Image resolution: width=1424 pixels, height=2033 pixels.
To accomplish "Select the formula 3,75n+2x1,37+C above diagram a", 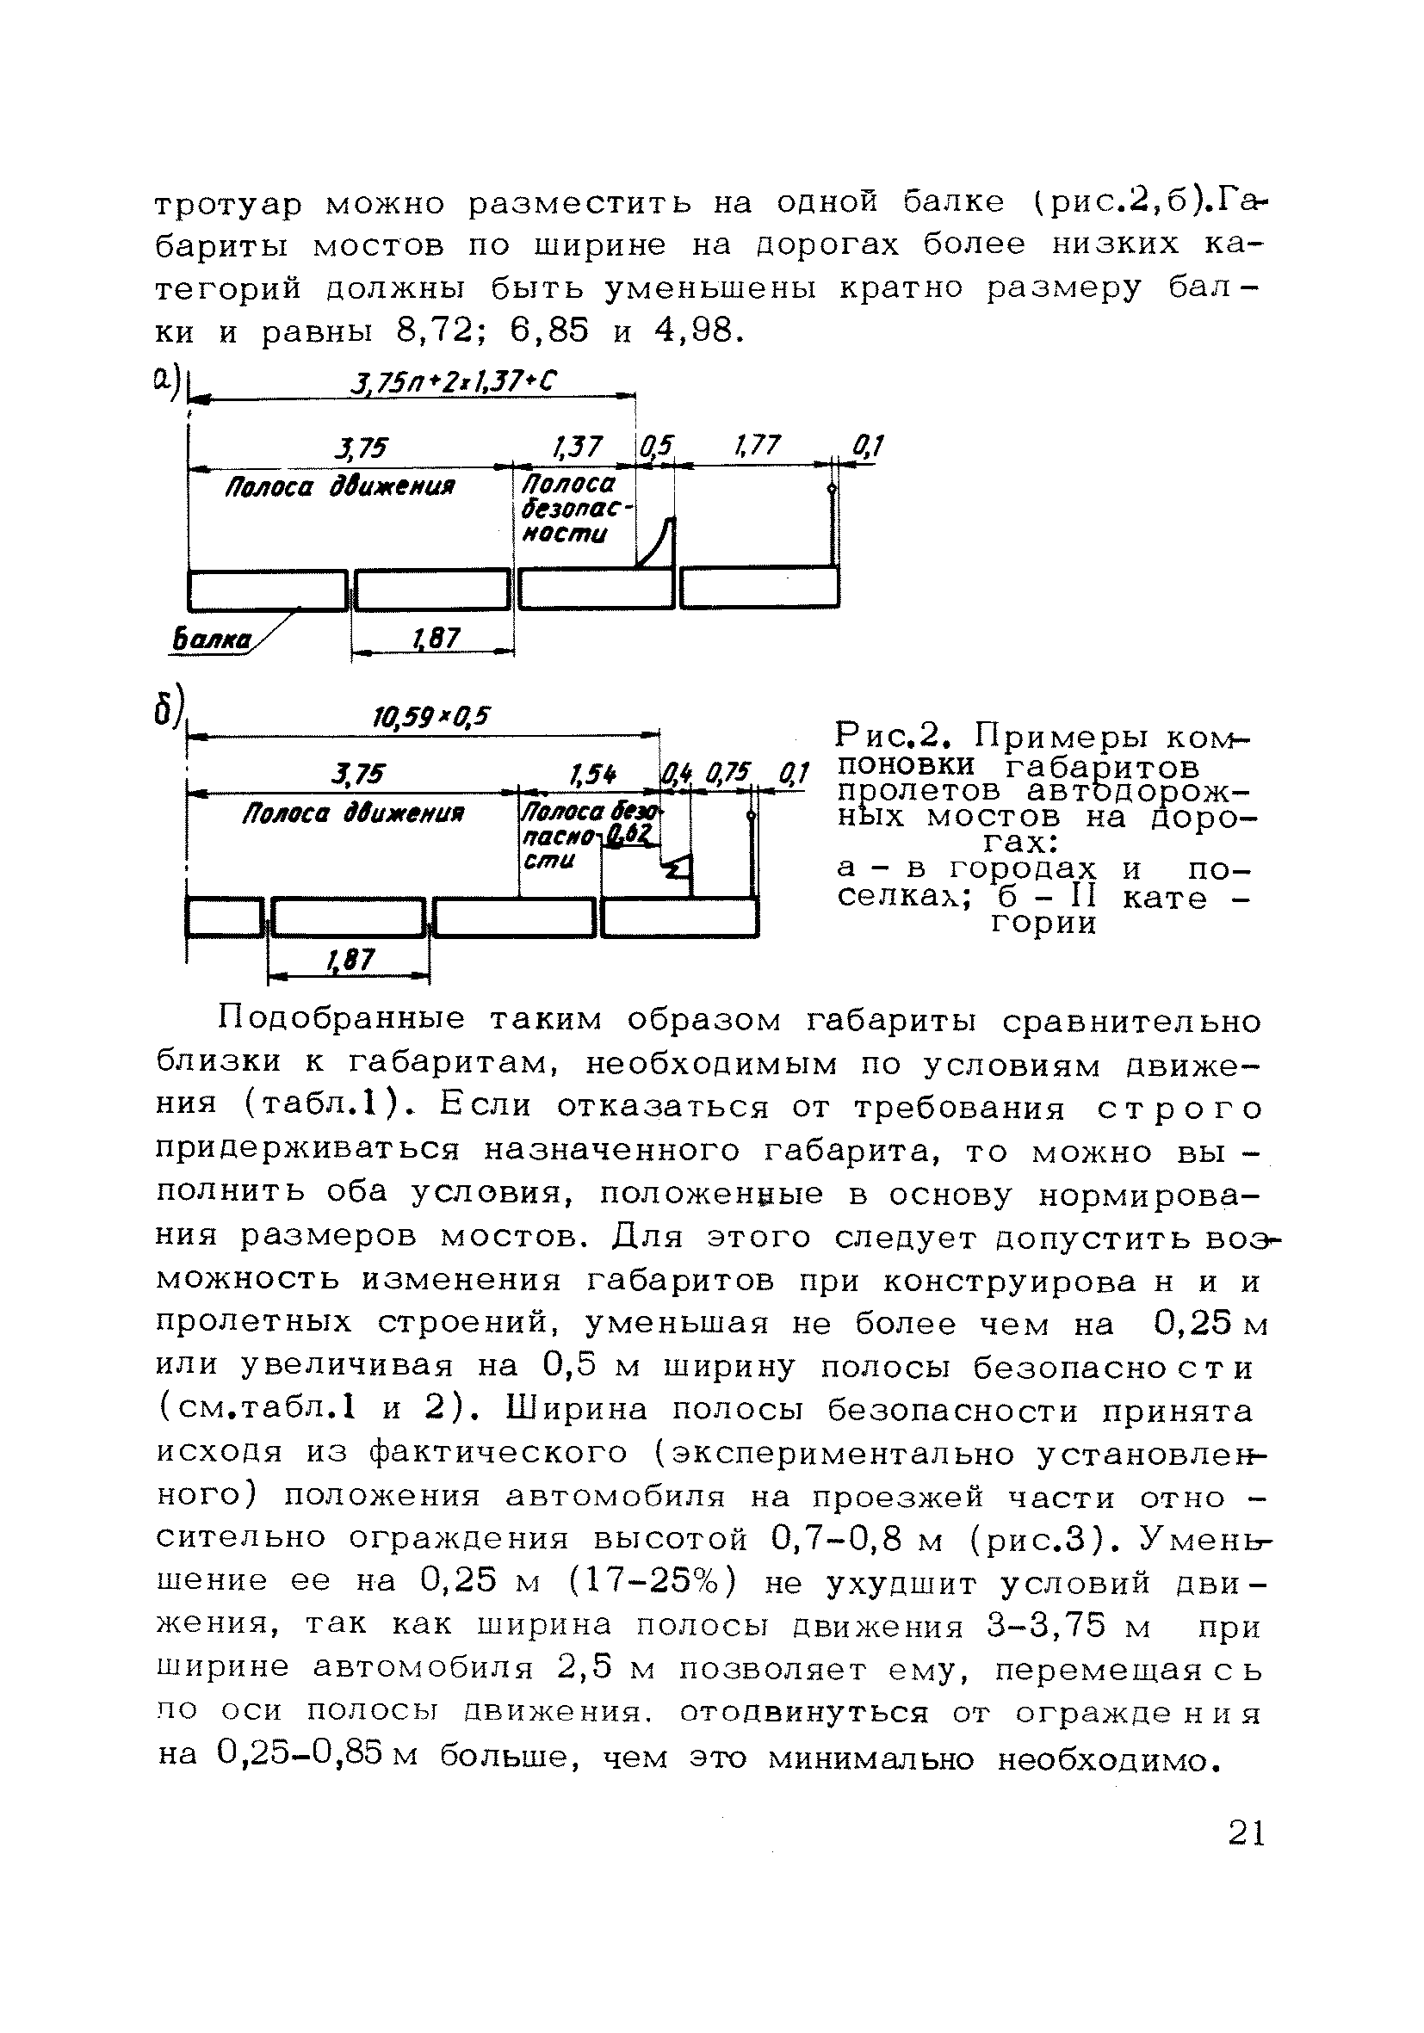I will point(455,381).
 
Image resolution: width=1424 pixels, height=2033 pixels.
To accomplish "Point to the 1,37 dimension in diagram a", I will point(577,448).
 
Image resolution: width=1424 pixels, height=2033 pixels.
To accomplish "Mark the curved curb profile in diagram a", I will point(658,543).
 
